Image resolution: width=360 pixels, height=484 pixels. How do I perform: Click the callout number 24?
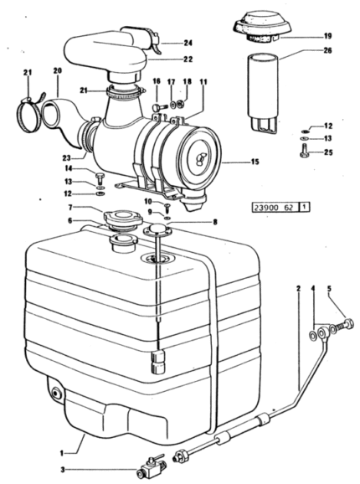[x=188, y=43]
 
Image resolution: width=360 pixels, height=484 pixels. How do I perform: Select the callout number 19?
[x=327, y=36]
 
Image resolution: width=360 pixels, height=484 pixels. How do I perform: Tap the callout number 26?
[x=327, y=50]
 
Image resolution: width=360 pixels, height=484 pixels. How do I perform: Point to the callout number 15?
[x=255, y=162]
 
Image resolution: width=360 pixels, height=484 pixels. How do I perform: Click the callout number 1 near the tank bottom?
[x=62, y=453]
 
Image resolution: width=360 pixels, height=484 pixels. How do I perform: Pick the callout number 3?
[x=63, y=470]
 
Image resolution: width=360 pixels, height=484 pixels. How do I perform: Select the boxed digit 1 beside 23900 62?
[x=304, y=207]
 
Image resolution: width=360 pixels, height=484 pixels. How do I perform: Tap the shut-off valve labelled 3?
[x=150, y=469]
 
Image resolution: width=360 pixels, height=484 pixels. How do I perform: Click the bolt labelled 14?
[x=100, y=178]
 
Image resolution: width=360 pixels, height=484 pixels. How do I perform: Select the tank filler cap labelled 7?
[x=123, y=219]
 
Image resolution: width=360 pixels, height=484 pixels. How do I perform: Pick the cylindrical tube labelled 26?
[x=264, y=94]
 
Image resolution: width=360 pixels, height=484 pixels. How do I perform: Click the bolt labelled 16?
[x=159, y=107]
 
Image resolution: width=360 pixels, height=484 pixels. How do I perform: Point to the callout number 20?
[x=58, y=70]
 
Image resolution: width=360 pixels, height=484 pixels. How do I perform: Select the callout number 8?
[x=214, y=222]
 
